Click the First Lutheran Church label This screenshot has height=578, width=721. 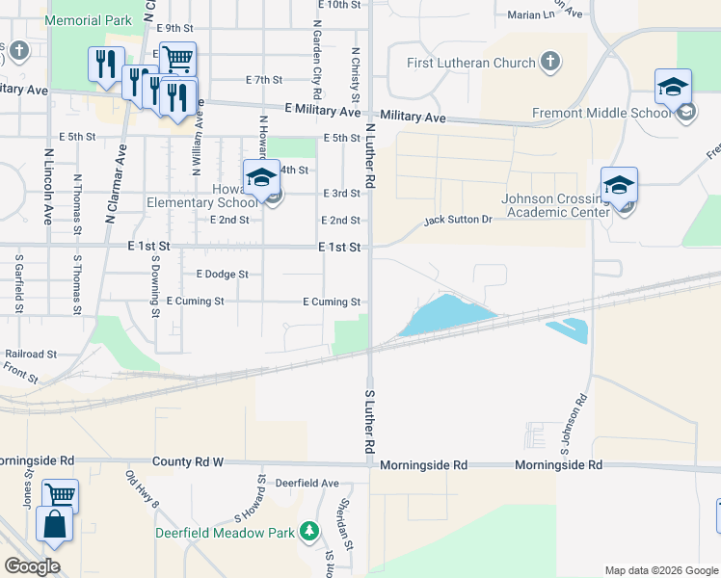(470, 64)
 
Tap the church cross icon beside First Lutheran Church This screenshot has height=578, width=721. (549, 64)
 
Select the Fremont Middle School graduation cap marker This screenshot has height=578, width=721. (673, 89)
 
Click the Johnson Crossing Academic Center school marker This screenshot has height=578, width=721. (619, 185)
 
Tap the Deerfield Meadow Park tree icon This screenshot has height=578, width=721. (308, 531)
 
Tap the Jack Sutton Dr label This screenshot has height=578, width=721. (459, 221)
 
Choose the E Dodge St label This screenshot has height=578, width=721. (222, 275)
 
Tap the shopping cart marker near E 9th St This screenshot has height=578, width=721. (177, 61)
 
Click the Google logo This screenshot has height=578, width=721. (32, 565)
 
